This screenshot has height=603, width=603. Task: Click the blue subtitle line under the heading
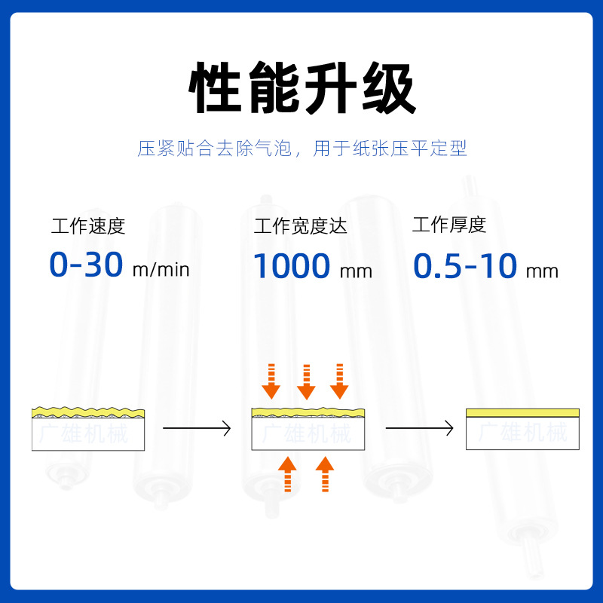pos(301,148)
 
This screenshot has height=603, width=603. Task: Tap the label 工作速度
pos(88,225)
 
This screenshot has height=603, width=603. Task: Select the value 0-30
pos(86,265)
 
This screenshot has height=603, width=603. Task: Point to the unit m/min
pos(161,269)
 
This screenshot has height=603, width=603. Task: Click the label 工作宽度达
pos(301,225)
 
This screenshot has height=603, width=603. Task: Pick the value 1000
pos(291,266)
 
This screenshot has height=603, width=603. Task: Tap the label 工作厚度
pos(449,225)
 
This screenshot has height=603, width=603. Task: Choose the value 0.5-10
pos(465,266)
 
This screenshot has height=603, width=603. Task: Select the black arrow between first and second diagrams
pos(197,428)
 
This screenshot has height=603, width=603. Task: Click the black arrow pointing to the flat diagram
pos(419,428)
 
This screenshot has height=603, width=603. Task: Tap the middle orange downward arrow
pos(305,381)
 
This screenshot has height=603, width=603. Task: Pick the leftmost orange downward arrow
pos(271,381)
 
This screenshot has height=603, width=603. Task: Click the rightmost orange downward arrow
pos(339,381)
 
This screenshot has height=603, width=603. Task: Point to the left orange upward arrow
pos(286,474)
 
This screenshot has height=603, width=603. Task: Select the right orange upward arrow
pos(324,474)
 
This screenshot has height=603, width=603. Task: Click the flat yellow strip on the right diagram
pos(522,412)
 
